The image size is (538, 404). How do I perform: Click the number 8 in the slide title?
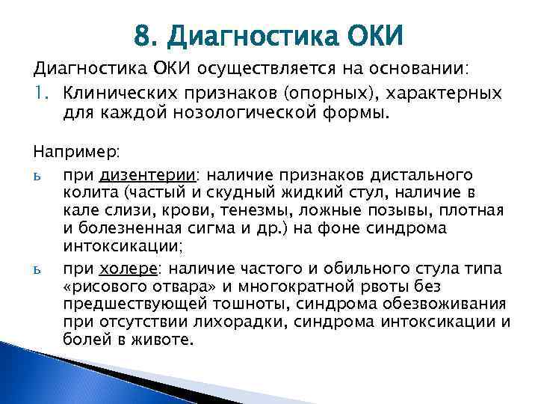tap(143, 34)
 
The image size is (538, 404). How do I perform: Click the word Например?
tap(74, 152)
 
